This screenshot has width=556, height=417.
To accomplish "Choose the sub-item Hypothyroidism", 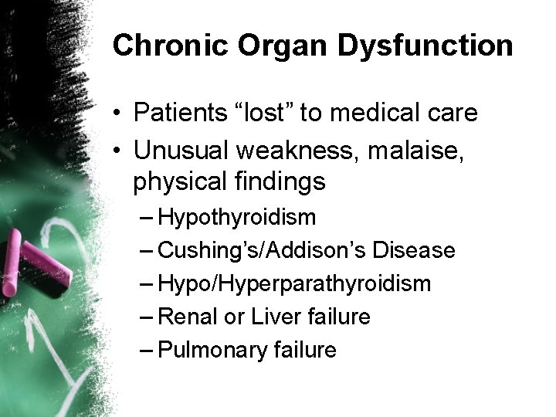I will click(x=236, y=218).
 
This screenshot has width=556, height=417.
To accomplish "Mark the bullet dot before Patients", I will click(x=116, y=114).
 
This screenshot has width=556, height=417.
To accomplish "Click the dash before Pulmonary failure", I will click(x=147, y=350).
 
